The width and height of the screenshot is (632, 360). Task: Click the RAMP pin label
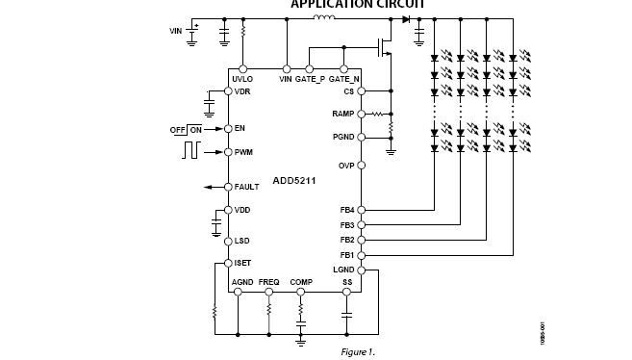point(344,114)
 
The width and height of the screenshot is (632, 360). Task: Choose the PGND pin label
point(344,137)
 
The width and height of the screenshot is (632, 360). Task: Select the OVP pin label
point(346,166)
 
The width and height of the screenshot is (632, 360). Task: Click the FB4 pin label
point(346,210)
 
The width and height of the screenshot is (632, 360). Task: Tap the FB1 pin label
point(346,255)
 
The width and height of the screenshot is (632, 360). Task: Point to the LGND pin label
point(344,270)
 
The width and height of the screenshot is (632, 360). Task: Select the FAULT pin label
point(246,187)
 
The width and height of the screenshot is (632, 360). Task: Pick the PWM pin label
point(243,152)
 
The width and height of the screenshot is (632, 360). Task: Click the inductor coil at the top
point(325,17)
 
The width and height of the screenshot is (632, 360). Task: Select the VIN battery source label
point(175,31)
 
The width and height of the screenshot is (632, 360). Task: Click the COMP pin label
point(301,282)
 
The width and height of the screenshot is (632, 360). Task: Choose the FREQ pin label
point(268,282)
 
